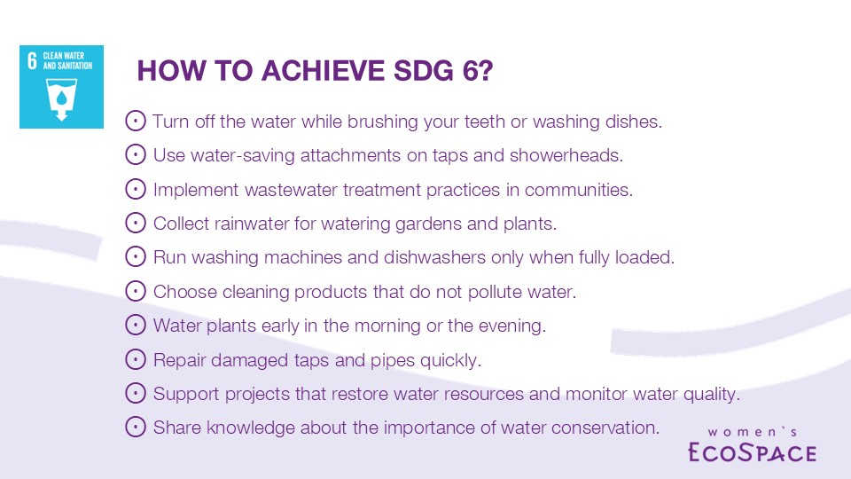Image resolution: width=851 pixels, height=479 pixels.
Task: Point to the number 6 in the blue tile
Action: coord(32,60)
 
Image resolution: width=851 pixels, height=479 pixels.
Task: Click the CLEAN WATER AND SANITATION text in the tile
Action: coord(67,60)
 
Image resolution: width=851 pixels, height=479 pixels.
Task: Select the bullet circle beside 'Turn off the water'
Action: coord(135,121)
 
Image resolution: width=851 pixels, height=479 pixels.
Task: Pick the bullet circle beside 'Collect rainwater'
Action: coord(135,223)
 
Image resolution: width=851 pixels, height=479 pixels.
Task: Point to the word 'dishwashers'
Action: coord(434,257)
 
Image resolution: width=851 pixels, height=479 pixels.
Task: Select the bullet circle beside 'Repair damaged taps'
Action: coord(135,359)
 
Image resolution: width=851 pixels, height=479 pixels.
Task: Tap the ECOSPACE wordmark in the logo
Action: coord(753,452)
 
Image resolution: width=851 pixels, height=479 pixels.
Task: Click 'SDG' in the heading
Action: coord(424,71)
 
